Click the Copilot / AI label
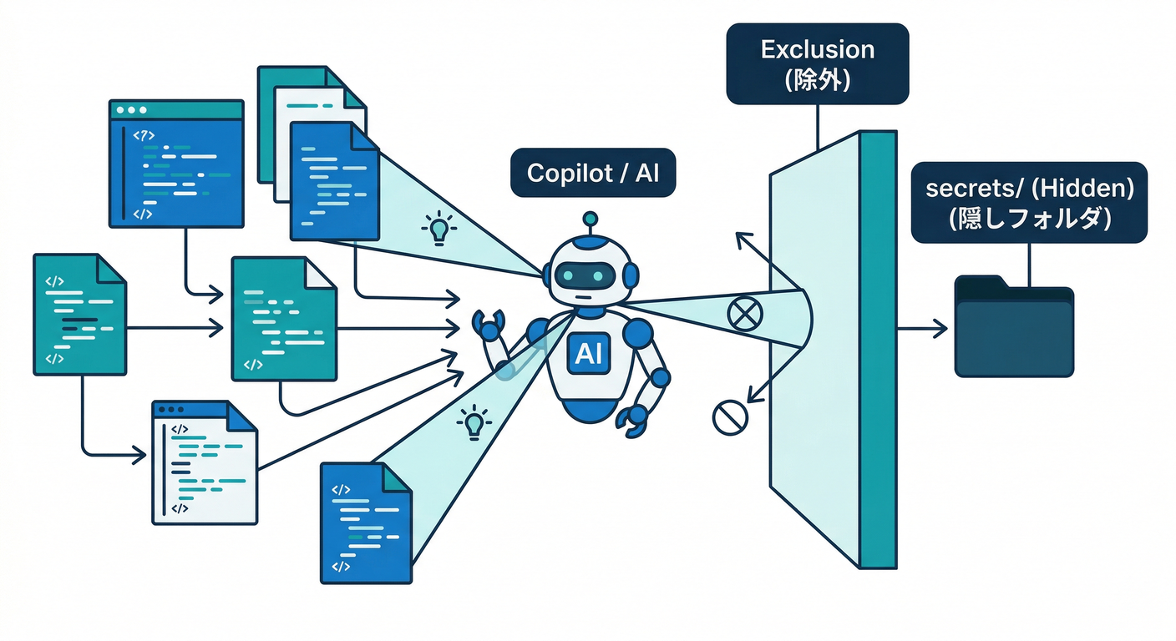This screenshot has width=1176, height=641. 593,173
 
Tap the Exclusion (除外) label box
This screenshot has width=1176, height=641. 817,63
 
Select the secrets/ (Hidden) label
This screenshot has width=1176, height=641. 1029,202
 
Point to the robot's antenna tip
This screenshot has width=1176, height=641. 591,218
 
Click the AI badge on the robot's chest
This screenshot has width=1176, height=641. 589,356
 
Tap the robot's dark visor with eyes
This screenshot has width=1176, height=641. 589,275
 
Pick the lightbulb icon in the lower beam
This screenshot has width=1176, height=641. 474,421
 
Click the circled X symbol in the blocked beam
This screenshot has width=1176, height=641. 741,315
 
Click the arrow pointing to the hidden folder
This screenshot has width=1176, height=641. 923,329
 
